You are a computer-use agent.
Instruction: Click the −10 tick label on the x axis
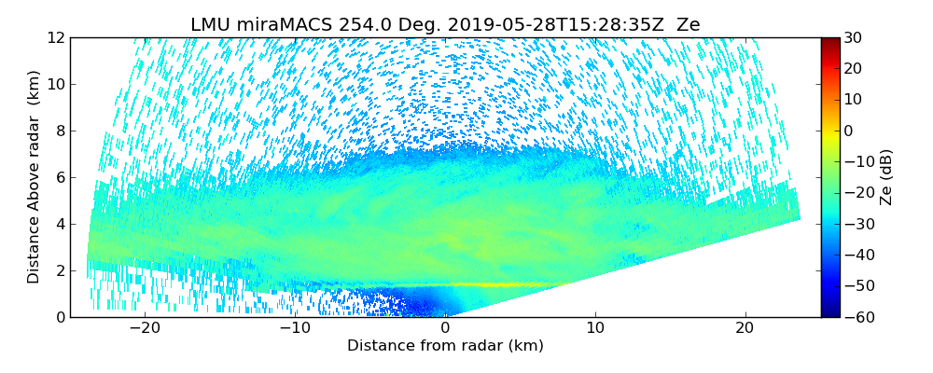click(295, 329)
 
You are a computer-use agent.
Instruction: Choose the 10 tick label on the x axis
click(595, 329)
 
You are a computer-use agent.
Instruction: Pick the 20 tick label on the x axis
click(745, 329)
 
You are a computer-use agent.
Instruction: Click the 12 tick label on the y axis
click(55, 37)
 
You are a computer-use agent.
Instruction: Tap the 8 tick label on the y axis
click(59, 131)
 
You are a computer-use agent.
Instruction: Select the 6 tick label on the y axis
click(59, 177)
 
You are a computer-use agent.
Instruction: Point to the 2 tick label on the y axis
click(59, 270)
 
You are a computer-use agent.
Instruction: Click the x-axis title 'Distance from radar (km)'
click(445, 346)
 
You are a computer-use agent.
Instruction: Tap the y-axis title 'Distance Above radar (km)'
click(34, 176)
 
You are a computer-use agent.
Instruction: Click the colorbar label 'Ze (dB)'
click(886, 177)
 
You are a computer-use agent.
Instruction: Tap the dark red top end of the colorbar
click(830, 40)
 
